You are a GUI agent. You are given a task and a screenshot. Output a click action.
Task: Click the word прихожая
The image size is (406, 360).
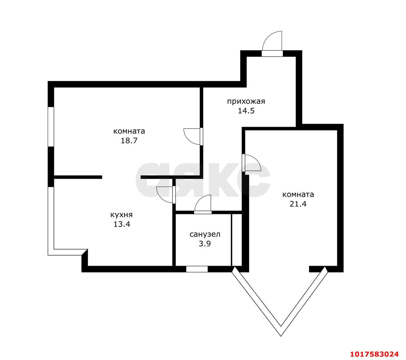click(x=246, y=101)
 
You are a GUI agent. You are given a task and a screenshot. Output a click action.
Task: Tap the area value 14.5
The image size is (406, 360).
click(x=246, y=111)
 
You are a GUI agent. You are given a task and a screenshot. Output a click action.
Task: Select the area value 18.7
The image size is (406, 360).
click(x=129, y=141)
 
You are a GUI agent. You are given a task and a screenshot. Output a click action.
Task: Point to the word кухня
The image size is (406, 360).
click(x=121, y=215)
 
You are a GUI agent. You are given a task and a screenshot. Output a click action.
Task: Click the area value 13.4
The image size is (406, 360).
click(x=122, y=224)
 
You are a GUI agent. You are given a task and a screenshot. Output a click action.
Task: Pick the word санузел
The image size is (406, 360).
click(x=205, y=234)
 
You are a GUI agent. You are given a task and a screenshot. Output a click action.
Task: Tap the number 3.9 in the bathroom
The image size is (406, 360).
click(x=205, y=244)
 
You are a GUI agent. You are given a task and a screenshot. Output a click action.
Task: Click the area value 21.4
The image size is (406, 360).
click(x=298, y=204)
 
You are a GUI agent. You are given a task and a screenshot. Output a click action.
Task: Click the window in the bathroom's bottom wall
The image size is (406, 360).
click(x=197, y=269)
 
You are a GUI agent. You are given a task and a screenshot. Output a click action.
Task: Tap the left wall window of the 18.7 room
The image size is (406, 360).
click(x=51, y=127)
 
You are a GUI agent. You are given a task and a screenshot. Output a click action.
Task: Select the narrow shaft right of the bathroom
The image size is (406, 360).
click(x=237, y=240)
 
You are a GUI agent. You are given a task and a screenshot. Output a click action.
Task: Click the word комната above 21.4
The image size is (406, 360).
click(x=298, y=195)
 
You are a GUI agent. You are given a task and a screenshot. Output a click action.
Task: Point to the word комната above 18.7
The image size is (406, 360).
click(x=129, y=131)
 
